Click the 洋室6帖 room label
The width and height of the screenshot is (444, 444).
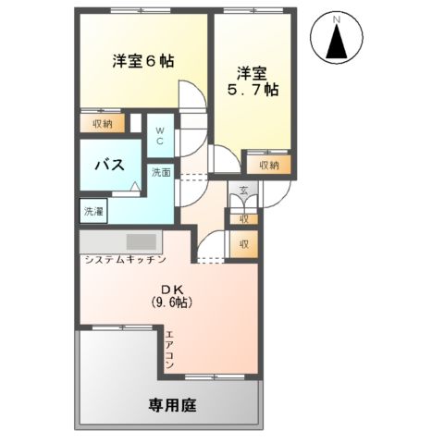pos(143,63)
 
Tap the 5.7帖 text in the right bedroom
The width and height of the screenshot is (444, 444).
pos(253,91)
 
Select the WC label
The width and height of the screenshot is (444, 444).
pos(159,136)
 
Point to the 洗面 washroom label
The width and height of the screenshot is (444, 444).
pos(161,173)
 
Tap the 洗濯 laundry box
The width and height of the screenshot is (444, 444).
pos(93,212)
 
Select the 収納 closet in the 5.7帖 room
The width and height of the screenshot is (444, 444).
pos(268,165)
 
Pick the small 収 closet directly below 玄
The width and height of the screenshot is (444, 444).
pos(243,219)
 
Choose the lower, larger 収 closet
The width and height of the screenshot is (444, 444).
pos(243,244)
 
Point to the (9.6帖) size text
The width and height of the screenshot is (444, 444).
pos(171,302)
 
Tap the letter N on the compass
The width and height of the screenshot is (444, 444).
pos(338,20)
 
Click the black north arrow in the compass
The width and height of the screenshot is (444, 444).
pos(338,43)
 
